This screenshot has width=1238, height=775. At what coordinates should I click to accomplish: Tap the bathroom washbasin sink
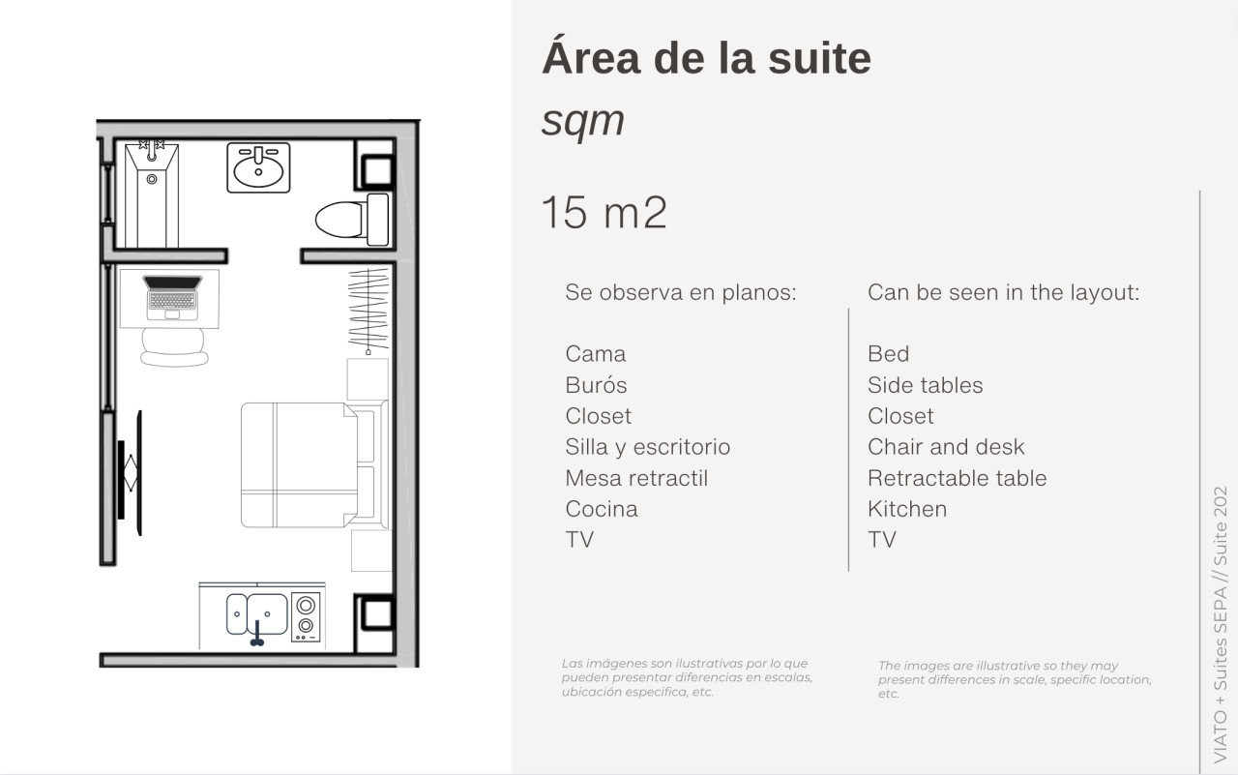pos(258,167)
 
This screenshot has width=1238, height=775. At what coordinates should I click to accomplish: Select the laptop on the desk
pos(173,296)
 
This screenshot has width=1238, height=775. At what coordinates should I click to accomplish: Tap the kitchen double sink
pos(256,613)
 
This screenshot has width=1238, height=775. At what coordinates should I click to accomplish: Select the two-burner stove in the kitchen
pos(307,616)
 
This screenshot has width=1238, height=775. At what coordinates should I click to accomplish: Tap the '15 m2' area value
pos(604,213)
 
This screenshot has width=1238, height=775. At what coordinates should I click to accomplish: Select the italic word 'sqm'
pos(582,121)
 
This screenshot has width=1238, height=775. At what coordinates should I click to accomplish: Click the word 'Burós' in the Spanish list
pos(596,385)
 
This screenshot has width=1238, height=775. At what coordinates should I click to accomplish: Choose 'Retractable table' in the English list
pos(957,478)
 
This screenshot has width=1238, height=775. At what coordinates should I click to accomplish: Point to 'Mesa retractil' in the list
pos(636,478)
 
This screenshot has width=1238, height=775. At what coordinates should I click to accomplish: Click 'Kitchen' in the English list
pos(906,509)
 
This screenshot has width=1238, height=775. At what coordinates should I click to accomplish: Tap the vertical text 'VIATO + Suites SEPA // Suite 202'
pos(1219,624)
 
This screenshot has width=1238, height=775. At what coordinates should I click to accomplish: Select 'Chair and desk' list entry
pos(945,447)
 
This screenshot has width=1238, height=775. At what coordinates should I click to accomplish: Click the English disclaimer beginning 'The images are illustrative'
pos(1014,679)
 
